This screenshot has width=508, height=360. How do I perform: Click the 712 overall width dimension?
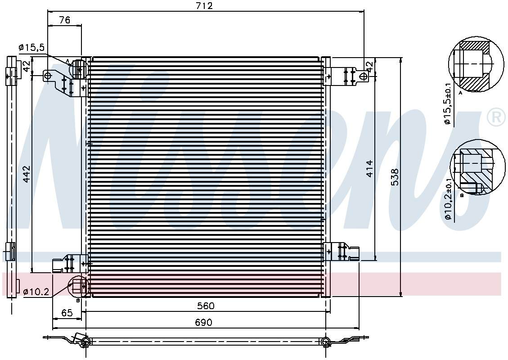point(204,6)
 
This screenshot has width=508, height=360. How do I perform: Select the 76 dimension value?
point(64,20)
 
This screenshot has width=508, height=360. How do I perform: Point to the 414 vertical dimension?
point(369,168)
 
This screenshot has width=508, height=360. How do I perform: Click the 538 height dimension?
point(395,177)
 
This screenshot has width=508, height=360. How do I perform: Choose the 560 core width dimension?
point(205,306)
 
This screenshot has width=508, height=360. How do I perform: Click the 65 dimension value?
point(67,313)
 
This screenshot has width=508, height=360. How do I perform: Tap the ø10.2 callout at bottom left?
point(36,292)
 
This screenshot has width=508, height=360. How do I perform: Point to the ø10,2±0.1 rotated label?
point(447,199)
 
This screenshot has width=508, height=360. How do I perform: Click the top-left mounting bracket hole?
point(48,75)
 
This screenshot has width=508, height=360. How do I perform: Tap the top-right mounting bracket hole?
point(363,76)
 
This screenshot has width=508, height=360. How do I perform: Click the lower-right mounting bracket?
point(342,252)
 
